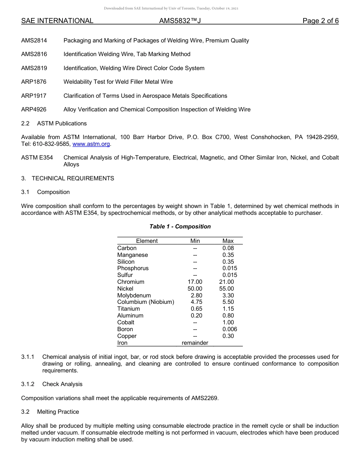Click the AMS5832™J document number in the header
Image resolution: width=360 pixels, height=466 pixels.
coord(180,21)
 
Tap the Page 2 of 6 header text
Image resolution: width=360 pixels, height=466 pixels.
coord(320,21)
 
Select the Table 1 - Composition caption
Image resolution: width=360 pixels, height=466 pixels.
coord(180,227)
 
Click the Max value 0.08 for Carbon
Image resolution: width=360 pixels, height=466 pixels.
coord(228,248)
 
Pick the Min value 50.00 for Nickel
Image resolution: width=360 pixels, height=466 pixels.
coord(195,289)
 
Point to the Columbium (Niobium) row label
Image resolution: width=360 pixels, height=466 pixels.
coord(146,302)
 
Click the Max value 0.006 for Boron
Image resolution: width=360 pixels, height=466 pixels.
coord(230,329)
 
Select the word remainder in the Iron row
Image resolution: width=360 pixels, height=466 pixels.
coord(195,343)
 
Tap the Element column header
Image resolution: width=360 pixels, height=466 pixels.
coord(147,241)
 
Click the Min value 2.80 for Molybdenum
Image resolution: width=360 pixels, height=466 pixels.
coord(196,296)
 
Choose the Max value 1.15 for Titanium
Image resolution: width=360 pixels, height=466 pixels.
coord(228,309)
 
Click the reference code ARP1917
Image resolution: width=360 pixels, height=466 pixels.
coord(34,96)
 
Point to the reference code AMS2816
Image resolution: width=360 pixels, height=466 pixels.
coord(34,54)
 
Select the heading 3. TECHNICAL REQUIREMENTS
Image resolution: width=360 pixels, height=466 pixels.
coord(67,178)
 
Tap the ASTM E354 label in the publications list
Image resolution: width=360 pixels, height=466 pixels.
coord(37,158)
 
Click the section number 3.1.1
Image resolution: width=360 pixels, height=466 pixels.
coord(28,357)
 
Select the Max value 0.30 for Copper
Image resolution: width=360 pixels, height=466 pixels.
coord(228,336)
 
